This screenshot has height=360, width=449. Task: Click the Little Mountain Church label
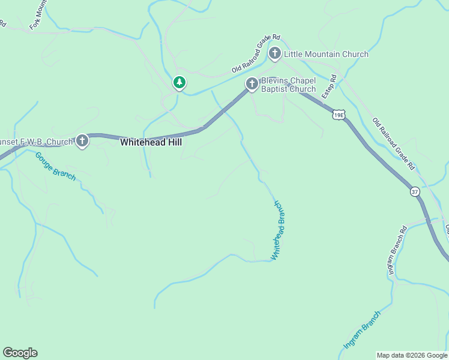coord(326,54)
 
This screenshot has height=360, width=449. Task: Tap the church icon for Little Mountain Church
coord(275,53)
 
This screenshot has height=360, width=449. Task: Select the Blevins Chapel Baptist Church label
coord(288,85)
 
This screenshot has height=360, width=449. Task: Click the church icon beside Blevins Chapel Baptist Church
coord(252,85)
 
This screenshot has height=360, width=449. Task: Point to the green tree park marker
coord(179,82)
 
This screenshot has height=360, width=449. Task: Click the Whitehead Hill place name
coord(151,143)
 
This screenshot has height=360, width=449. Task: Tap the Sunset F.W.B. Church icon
coord(82,142)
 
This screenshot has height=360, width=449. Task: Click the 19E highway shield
coord(339,113)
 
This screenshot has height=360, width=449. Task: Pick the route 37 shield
coord(415,191)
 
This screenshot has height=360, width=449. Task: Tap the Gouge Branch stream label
coord(55,166)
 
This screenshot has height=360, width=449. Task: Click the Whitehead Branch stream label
coord(277,230)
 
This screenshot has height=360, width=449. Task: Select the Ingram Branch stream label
coord(362,330)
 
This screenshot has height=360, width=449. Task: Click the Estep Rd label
coord(328,87)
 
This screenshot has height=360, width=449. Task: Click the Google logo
coord(20,353)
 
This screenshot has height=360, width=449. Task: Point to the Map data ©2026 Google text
coord(412,355)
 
